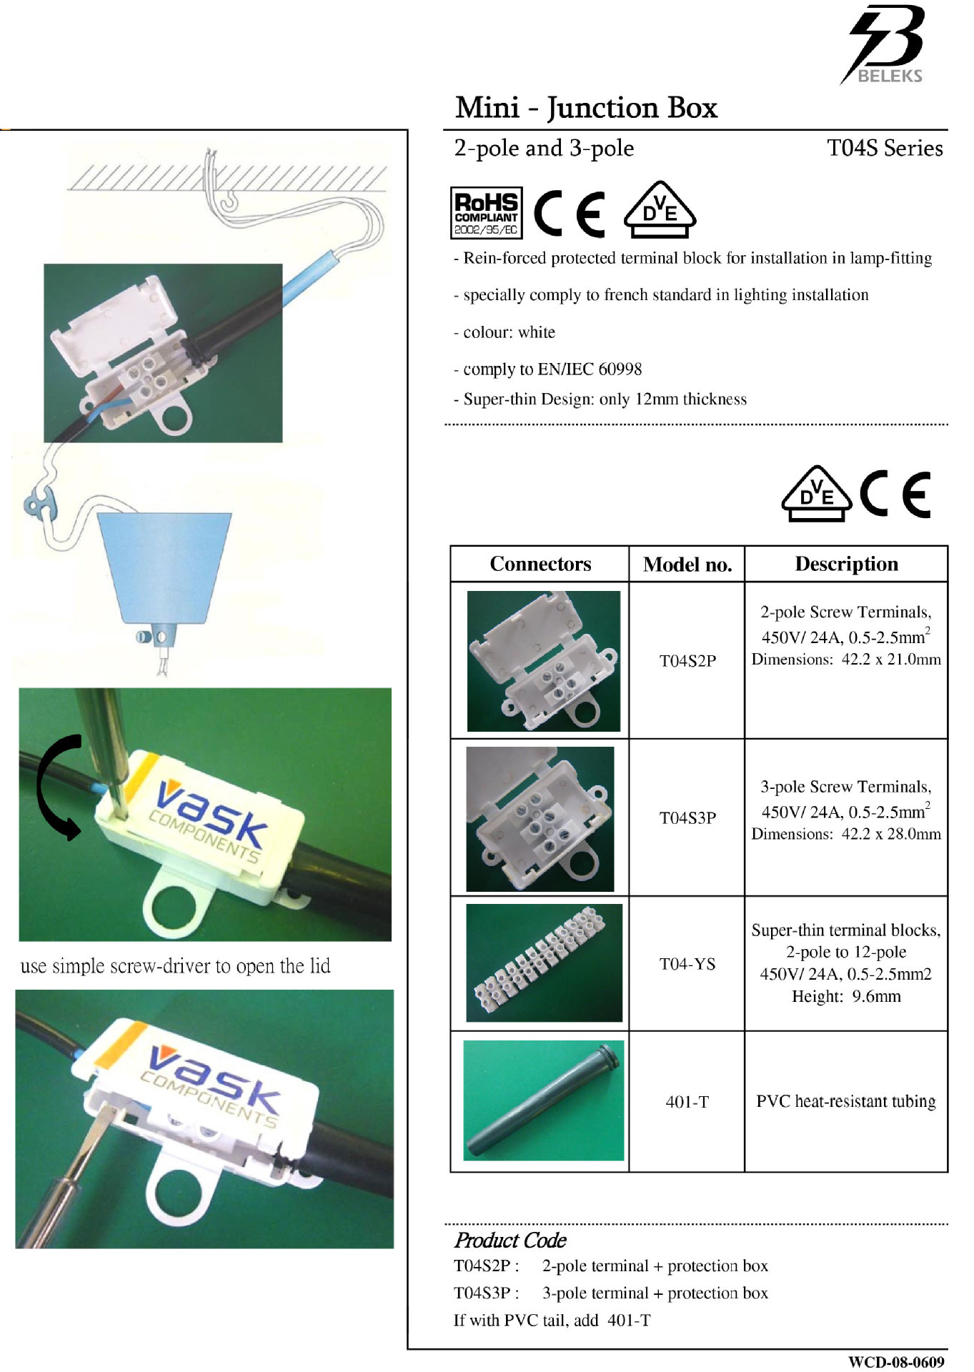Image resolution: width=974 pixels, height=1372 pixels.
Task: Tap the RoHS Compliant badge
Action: [486, 213]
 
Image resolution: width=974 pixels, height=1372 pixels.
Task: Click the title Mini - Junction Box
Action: [586, 108]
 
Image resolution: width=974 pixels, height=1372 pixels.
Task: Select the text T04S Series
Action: [885, 148]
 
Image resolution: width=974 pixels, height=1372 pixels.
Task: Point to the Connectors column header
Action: [540, 564]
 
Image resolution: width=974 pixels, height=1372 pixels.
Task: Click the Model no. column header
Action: [687, 565]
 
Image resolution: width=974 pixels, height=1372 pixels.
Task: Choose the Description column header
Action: [846, 564]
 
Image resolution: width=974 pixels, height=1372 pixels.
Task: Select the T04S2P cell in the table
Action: [687, 660]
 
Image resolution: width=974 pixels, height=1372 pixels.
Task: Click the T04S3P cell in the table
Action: [687, 817]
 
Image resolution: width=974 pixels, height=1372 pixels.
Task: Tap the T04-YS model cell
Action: [687, 964]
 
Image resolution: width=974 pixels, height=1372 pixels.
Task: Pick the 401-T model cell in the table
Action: [687, 1102]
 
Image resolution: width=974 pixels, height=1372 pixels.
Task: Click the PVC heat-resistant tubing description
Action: [846, 1101]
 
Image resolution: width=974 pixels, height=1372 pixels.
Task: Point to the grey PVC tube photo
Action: [544, 1100]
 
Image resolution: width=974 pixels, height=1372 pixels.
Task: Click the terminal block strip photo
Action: [544, 963]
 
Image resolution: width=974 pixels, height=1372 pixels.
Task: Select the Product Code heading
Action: [510, 1240]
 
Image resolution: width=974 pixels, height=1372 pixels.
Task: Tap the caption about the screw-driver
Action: [175, 966]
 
